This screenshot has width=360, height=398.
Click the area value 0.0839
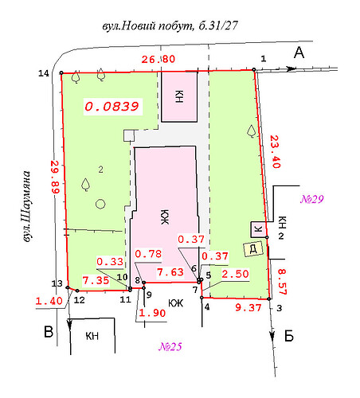[112, 107]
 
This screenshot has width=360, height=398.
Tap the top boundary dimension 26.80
[158, 59]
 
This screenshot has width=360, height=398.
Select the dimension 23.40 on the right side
[275, 152]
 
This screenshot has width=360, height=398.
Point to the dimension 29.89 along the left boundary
[55, 177]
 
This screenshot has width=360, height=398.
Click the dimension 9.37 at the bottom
[248, 308]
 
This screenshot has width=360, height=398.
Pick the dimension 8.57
[282, 282]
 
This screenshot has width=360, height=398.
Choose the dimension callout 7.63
[170, 272]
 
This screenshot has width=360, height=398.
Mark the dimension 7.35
[96, 280]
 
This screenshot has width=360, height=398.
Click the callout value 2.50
[235, 274]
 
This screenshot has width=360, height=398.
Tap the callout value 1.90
[152, 313]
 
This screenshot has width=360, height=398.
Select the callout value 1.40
[49, 301]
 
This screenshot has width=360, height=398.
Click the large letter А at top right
[299, 53]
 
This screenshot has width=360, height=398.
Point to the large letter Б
[289, 336]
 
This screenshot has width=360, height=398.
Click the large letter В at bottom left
[49, 332]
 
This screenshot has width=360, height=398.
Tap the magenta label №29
[312, 199]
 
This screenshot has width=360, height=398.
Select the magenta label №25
[170, 346]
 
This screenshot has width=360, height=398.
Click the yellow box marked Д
[253, 248]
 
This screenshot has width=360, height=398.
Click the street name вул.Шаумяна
[26, 206]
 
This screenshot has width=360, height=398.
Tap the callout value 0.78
[148, 254]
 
